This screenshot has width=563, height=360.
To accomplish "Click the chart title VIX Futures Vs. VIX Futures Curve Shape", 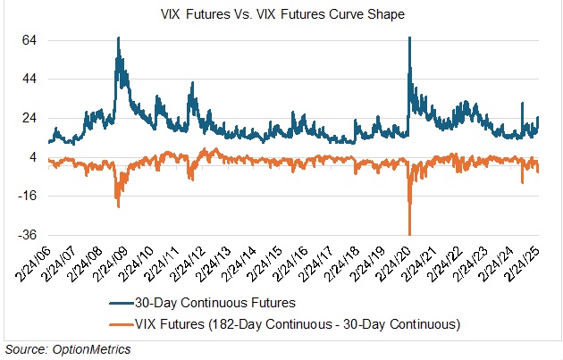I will pos(281,13).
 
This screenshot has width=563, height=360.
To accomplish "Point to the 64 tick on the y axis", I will pos(29,40).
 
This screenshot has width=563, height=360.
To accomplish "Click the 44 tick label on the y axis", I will pos(29,80).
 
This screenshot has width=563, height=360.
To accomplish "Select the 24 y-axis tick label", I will pos(29,118).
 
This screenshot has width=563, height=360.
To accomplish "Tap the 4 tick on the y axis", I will pos(32,157).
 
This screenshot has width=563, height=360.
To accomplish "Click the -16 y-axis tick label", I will pos(27,196).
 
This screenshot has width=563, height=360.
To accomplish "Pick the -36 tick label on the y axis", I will pos(27,235).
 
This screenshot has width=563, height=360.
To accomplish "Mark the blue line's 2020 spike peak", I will pos(409,38).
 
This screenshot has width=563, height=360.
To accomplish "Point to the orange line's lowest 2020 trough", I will pos(409,232).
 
